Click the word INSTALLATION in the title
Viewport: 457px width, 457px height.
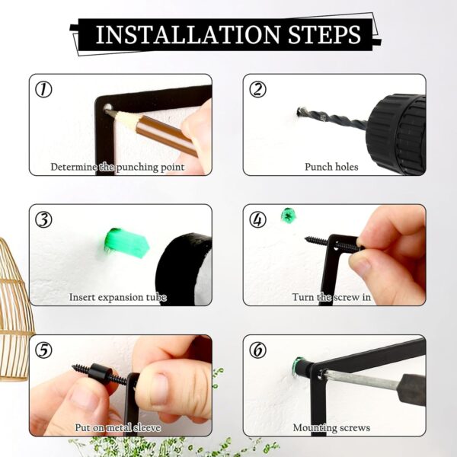188,35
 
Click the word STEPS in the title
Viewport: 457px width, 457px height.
324,35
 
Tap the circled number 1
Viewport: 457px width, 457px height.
43,89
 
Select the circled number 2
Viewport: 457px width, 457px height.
257,89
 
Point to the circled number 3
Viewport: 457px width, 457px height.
43,220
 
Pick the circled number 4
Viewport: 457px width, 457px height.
257,220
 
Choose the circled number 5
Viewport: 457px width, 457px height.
43,350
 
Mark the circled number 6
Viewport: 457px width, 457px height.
257,350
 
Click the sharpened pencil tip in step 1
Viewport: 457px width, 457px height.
107,110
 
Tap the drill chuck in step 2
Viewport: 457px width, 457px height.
397,133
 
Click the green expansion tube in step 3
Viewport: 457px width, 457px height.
126,243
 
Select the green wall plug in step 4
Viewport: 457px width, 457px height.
288,216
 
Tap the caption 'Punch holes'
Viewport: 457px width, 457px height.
331,167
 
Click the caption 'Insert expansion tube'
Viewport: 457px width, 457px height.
118,297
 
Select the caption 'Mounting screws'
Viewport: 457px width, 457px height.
331,428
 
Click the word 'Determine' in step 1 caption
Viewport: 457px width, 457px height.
74,167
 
